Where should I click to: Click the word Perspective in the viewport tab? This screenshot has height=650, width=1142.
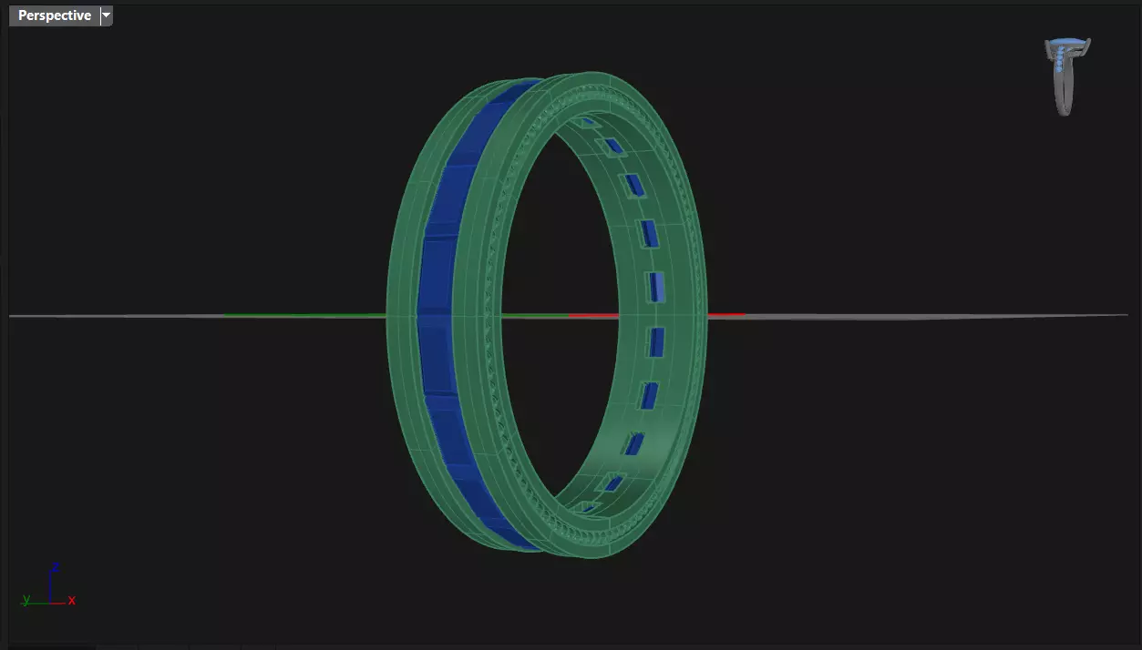tap(54, 15)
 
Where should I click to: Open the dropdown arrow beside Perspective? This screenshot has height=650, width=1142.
tap(107, 15)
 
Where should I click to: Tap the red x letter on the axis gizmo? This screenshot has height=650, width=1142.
tap(72, 601)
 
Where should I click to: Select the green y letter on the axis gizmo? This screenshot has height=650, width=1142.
tap(26, 600)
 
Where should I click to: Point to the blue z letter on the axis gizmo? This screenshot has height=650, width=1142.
tap(56, 566)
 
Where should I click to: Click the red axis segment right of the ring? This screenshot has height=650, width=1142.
tap(726, 315)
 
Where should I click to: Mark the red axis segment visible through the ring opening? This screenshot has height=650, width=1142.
tap(592, 316)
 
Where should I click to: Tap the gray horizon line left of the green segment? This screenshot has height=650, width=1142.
tap(118, 316)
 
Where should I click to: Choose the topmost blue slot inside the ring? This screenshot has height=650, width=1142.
tap(589, 120)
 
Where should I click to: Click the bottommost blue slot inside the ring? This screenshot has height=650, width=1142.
tap(590, 507)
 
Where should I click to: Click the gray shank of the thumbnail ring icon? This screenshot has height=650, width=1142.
tap(1063, 96)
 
